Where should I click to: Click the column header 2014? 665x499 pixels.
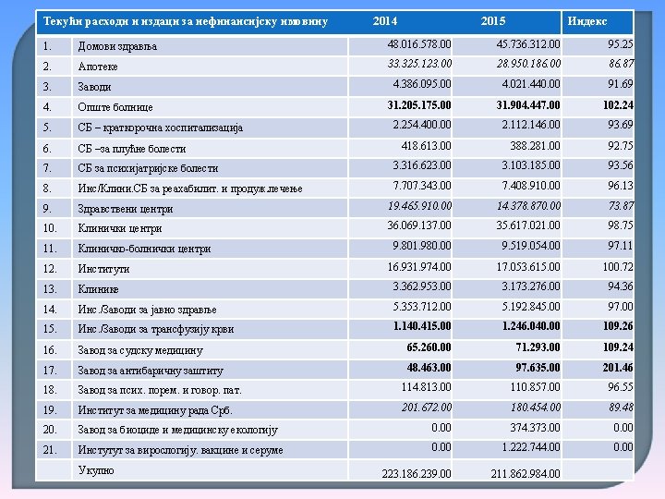(385, 21)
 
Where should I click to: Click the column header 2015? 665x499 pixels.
(493, 21)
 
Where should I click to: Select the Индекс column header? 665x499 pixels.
(587, 21)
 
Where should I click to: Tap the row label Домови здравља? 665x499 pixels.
(117, 46)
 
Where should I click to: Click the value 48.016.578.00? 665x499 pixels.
(419, 44)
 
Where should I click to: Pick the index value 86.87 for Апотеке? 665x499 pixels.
(621, 65)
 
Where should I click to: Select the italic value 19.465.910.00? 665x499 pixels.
(419, 206)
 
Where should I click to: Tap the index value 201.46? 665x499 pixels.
(617, 368)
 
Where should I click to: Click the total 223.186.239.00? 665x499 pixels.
(417, 474)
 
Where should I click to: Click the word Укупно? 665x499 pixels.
(97, 471)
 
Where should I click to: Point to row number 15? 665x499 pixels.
(51, 329)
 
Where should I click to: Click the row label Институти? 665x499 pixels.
(103, 269)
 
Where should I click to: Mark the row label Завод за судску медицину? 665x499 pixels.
(139, 350)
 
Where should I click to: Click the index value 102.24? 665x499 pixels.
(617, 105)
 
